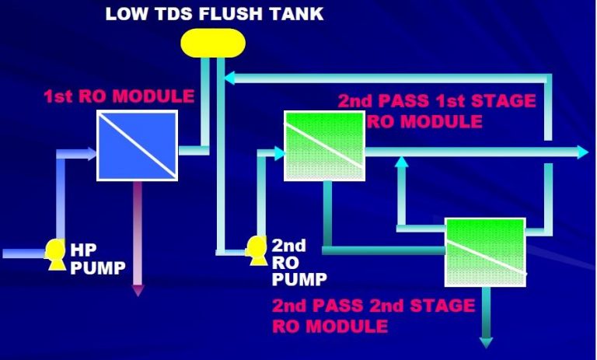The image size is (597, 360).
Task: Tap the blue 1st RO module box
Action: [137, 144]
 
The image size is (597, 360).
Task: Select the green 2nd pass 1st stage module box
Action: [323, 146]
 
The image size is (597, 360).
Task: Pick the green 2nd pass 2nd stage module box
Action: [484, 251]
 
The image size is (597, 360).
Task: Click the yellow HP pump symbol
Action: [55, 253]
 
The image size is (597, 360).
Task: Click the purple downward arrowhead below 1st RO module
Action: [138, 291]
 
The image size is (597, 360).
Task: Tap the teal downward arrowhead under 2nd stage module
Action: [487, 342]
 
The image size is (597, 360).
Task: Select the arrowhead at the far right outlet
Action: [582, 152]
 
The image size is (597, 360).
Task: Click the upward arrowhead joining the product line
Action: [401, 162]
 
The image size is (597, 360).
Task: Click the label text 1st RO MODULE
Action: [118, 97]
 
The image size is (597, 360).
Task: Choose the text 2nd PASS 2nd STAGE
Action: [373, 306]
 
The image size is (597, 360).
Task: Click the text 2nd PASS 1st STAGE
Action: [436, 101]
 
